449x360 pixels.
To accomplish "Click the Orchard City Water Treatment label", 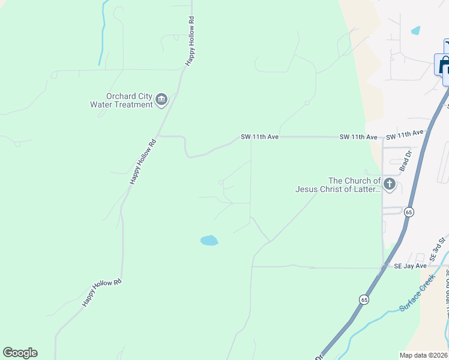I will point(121,100).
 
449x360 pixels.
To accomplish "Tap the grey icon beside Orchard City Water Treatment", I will point(161,100).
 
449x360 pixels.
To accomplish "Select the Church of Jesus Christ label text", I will point(338,185).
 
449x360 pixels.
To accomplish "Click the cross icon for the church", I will point(390,184).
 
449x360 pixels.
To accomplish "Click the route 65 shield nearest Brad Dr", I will point(409,212).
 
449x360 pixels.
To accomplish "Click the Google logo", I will point(20,353).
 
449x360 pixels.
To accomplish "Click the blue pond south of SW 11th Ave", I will point(209,241).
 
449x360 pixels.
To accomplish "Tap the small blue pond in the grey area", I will point(415,30).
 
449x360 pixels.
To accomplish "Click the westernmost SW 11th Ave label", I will point(260,137).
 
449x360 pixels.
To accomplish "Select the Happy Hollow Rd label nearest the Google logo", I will point(102,293).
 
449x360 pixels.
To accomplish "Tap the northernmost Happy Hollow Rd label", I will point(190,44).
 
